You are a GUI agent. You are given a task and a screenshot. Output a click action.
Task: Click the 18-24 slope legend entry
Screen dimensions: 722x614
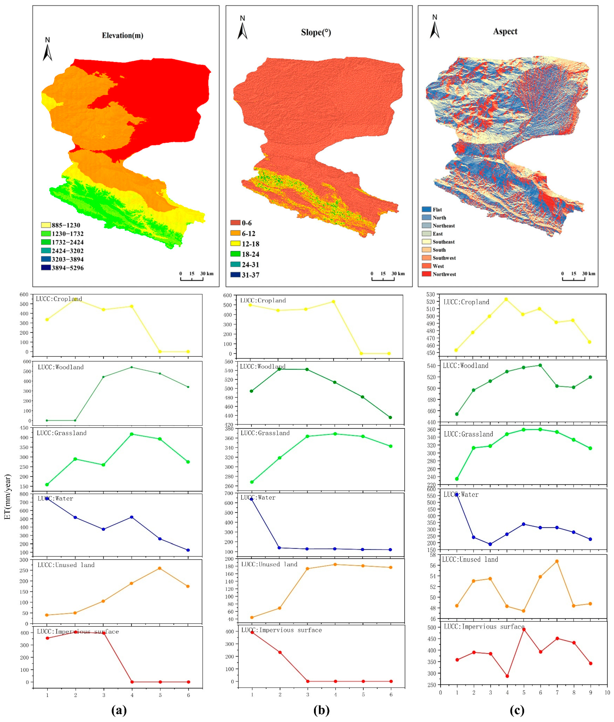pos(245,254)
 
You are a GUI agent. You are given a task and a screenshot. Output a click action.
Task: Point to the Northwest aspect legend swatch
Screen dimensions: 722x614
pos(426,274)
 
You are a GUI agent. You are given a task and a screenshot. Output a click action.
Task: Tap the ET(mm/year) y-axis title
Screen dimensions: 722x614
pos(8,497)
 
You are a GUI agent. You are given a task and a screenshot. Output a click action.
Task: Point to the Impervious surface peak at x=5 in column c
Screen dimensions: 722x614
pos(524,629)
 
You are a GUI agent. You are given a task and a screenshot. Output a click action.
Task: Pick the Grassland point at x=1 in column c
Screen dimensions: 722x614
pos(457,479)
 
